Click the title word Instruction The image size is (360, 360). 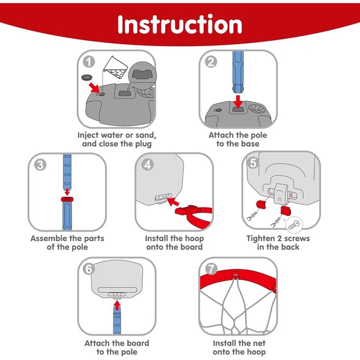(x=180, y=25)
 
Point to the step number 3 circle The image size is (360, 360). (x=40, y=165)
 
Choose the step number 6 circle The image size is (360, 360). (x=90, y=269)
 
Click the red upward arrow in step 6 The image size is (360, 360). (x=117, y=306)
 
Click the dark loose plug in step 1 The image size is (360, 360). (x=86, y=77)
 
